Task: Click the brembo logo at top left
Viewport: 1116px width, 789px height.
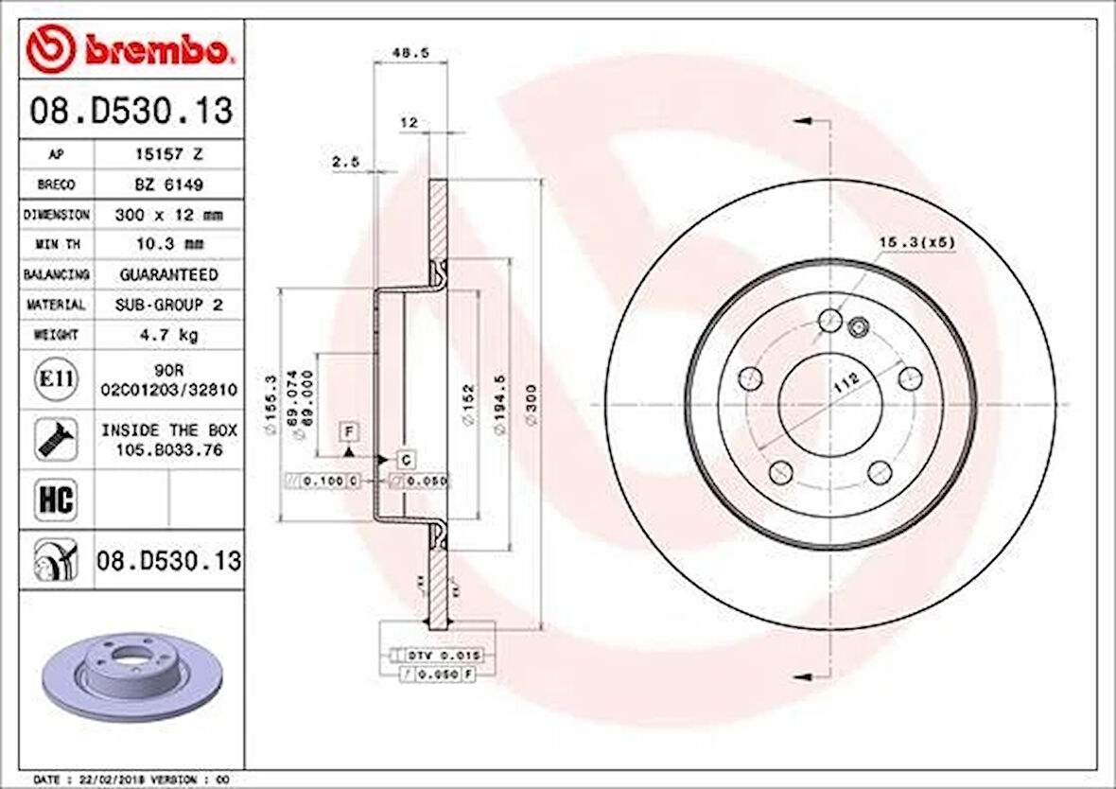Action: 130,49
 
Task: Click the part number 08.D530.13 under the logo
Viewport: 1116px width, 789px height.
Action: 131,112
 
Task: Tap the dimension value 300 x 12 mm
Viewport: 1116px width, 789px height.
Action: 168,215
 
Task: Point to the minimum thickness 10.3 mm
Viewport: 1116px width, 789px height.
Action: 168,244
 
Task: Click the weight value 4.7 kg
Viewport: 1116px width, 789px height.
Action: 168,335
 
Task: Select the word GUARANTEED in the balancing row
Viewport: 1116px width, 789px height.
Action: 168,274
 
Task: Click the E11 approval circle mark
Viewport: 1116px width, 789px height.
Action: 56,379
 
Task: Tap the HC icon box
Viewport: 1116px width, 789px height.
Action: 56,499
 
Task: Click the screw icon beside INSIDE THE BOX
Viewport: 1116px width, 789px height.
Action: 56,439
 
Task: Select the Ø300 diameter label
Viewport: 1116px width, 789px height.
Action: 532,404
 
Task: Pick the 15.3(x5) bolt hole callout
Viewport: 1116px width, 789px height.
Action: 917,242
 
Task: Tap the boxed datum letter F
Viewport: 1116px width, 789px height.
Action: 350,432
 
